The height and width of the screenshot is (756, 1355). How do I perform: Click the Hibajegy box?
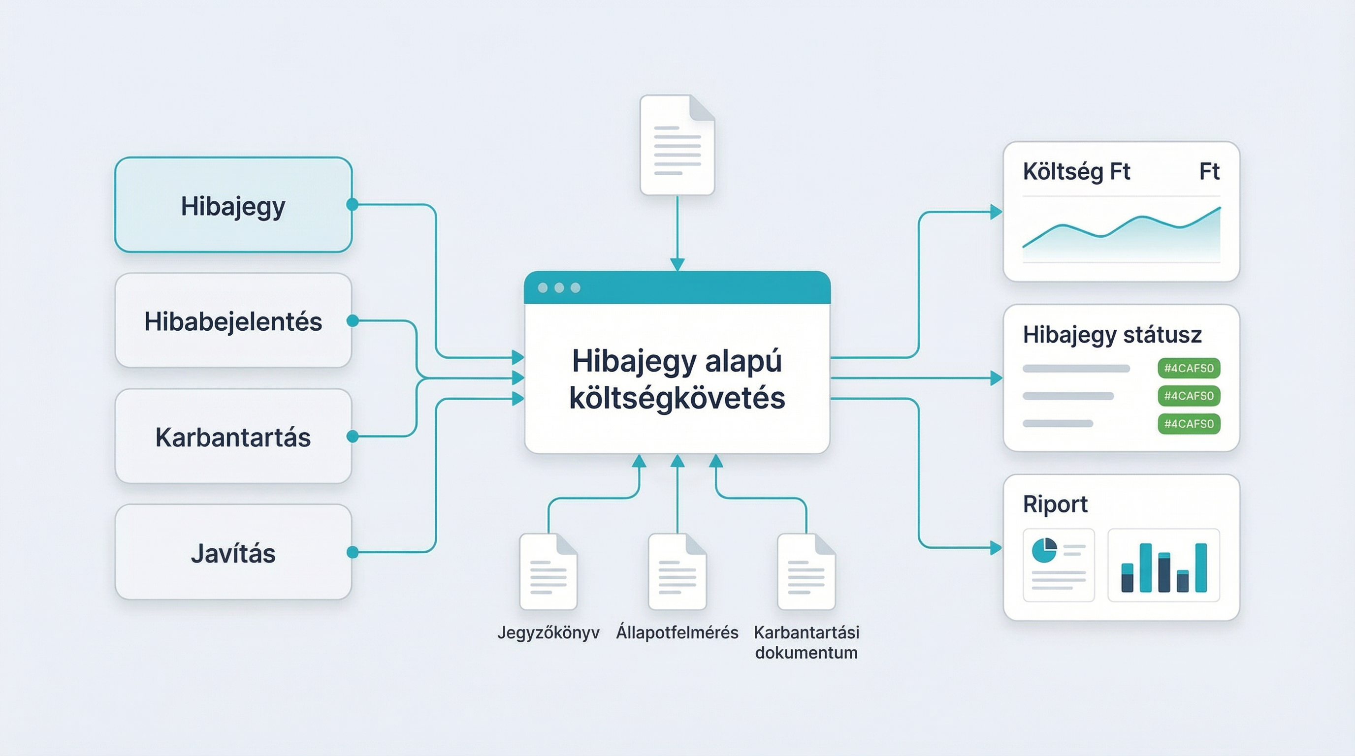click(233, 205)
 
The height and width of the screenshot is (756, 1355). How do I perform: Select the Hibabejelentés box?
click(233, 321)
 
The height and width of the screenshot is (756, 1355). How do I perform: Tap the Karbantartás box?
click(233, 437)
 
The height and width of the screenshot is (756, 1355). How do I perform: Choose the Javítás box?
click(233, 553)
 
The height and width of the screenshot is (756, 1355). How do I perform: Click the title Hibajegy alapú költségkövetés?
click(677, 379)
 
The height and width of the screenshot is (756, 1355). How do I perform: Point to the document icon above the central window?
click(677, 145)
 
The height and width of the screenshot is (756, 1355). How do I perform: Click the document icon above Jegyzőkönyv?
click(548, 571)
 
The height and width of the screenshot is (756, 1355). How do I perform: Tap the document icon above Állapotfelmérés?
click(677, 571)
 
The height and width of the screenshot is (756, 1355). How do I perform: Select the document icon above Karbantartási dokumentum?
click(806, 571)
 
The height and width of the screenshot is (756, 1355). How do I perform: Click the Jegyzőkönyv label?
click(548, 632)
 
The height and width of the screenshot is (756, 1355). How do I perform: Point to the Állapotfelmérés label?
click(677, 632)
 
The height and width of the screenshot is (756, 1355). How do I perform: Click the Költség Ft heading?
click(1076, 171)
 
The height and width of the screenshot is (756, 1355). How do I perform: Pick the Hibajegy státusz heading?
click(1112, 334)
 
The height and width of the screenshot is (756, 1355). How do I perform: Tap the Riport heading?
click(1055, 504)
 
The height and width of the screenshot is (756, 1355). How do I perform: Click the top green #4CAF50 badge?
click(1188, 368)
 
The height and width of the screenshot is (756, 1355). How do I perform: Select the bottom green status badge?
click(1188, 424)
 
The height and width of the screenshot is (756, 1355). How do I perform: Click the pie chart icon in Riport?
click(1044, 550)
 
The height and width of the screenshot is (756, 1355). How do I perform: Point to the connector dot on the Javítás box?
click(353, 552)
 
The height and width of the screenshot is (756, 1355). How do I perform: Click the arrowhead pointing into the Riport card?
click(996, 548)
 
